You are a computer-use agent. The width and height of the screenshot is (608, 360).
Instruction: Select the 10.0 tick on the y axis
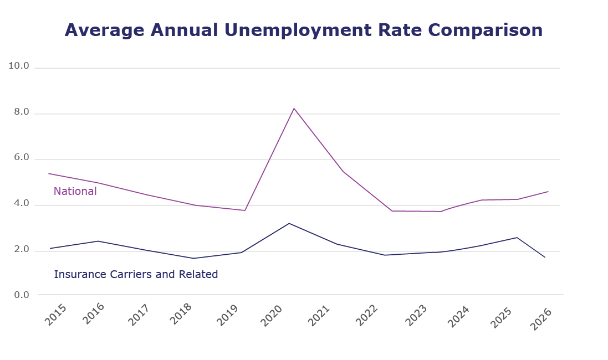point(19,66)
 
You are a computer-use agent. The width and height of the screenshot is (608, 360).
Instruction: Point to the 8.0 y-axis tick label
point(21,112)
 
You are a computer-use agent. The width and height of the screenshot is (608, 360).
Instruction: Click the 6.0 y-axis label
point(21,158)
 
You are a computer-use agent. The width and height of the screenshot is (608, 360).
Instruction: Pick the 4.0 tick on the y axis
point(21,204)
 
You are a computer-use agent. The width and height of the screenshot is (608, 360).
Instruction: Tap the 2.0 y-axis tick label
point(21,250)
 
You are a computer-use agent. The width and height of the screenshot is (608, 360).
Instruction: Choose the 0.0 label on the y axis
point(21,295)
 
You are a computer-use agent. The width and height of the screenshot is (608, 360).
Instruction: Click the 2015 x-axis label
point(54,315)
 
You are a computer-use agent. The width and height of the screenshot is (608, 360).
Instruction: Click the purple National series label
point(75,192)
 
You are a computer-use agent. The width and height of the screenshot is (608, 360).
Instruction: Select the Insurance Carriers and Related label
point(136,274)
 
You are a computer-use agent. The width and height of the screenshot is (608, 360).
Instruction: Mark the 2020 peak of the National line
point(294,108)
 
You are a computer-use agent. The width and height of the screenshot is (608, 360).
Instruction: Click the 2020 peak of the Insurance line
point(289,223)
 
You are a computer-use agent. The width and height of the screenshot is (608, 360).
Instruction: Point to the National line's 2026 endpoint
point(548,192)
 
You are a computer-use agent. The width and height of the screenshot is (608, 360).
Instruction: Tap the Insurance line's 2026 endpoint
point(545,258)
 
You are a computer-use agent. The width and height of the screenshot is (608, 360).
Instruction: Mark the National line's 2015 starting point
point(49,173)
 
